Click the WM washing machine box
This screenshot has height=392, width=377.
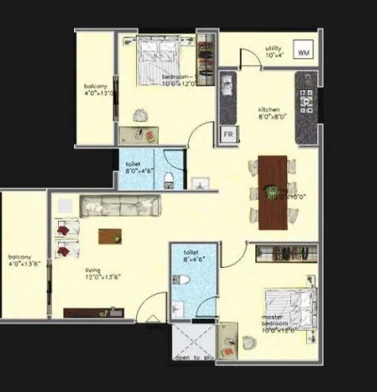[x=302, y=52]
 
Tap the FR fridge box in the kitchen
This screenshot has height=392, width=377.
[x=227, y=134]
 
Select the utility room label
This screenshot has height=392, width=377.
[x=273, y=52]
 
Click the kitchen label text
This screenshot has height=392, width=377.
[x=268, y=113]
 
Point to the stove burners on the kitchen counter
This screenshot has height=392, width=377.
[x=305, y=99]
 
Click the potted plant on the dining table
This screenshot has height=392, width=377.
[x=273, y=191]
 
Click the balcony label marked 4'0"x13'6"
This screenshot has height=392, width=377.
[x=20, y=261]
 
